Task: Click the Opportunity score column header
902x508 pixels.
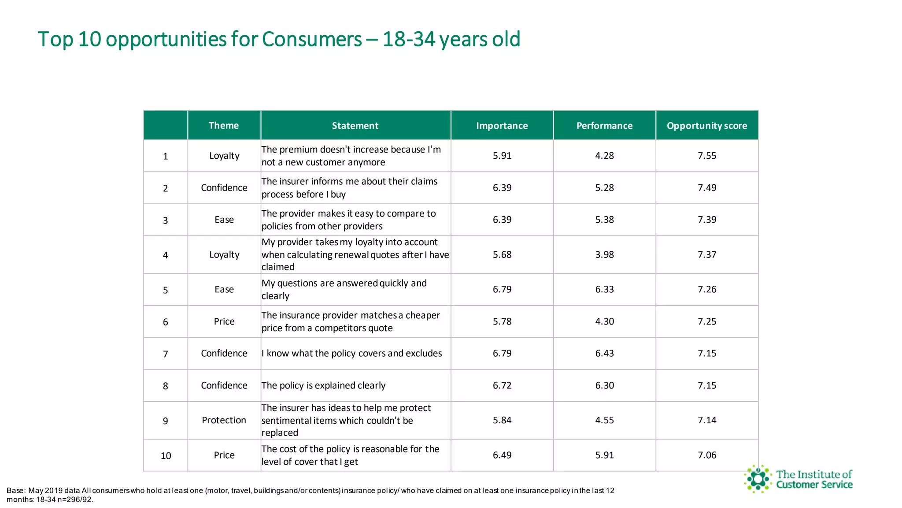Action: (707, 126)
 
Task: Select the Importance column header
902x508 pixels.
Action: (502, 126)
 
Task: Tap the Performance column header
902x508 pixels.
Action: (604, 126)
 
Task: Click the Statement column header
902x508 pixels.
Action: (355, 126)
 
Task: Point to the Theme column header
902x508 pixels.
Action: (224, 126)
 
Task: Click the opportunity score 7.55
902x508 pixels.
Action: (707, 156)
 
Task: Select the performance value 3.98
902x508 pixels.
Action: (604, 254)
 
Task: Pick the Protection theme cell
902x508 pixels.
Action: (224, 420)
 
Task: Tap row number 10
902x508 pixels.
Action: (166, 456)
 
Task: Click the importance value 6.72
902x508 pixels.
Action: (502, 385)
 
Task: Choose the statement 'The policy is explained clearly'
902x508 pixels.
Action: (323, 385)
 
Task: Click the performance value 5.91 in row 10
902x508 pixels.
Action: (604, 455)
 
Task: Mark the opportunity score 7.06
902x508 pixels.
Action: (707, 455)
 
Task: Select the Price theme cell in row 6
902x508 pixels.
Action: (224, 321)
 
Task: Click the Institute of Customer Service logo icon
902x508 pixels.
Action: (758, 479)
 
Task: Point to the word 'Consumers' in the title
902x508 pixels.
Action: (312, 39)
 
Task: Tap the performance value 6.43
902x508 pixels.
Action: (604, 353)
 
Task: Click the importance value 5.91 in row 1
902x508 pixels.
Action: (502, 156)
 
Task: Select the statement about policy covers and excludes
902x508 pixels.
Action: (351, 353)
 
